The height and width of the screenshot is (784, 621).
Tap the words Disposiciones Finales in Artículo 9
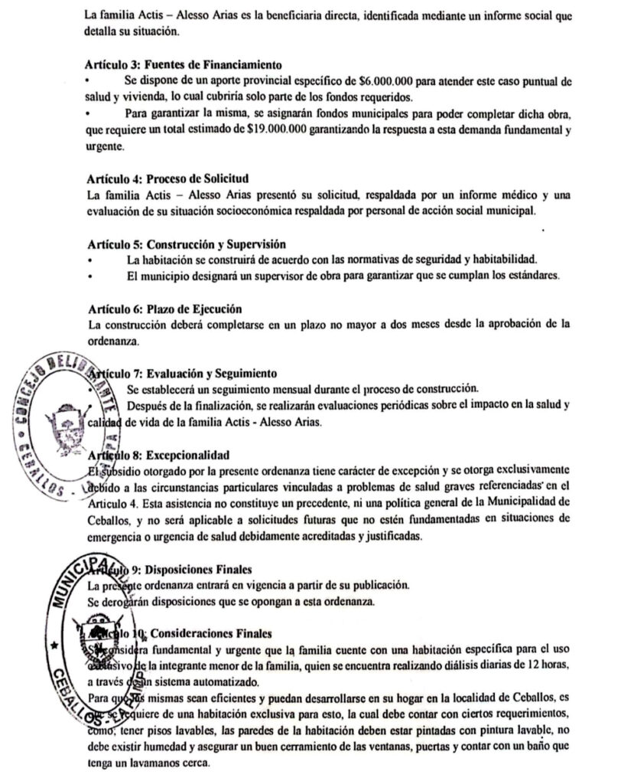[201, 569]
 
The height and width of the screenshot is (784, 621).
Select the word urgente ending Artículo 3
[103, 145]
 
